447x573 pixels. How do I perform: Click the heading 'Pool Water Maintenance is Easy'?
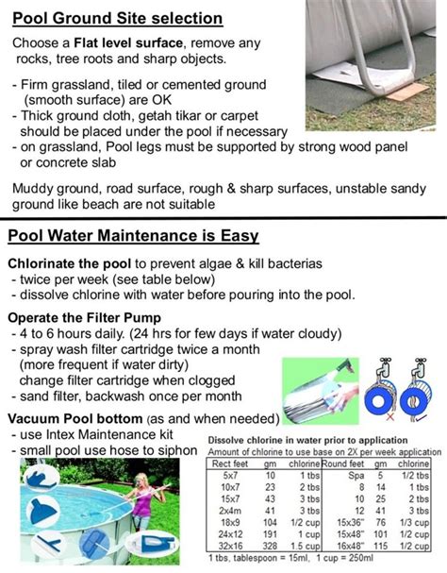point(133,236)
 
